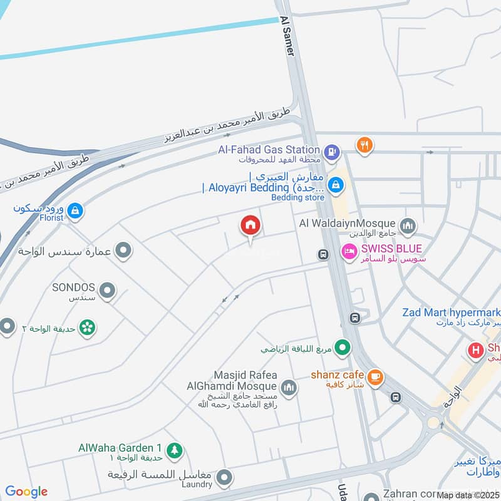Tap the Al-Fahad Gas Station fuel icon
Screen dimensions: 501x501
click(x=332, y=150)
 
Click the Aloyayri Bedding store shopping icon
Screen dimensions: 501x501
click(x=336, y=184)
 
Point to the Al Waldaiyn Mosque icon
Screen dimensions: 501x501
click(x=408, y=225)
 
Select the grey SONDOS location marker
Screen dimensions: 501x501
click(x=108, y=291)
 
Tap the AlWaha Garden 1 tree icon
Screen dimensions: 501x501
click(x=175, y=450)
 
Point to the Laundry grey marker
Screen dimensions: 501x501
click(x=224, y=480)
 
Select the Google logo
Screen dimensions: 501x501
click(x=26, y=492)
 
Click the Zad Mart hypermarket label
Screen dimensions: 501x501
click(x=451, y=312)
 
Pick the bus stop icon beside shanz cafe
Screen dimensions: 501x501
click(x=395, y=397)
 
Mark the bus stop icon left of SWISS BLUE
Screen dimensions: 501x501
click(x=323, y=254)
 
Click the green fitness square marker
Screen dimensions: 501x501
click(x=342, y=346)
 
